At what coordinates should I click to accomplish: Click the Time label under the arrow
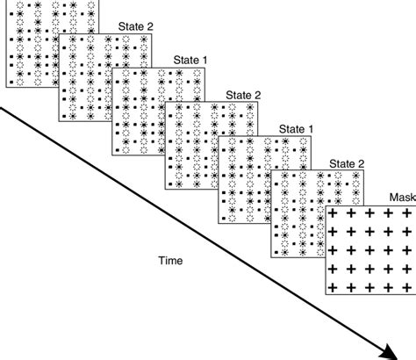coord(171,260)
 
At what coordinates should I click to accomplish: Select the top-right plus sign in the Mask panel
coord(410,212)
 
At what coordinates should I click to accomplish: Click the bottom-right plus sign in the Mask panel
coord(410,287)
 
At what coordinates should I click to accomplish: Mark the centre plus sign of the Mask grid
coord(373,250)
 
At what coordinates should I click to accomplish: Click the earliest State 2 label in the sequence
coord(137,27)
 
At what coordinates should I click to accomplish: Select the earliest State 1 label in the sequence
coord(190,61)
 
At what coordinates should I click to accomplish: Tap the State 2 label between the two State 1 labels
coord(243,95)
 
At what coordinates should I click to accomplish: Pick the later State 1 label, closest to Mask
coord(296,129)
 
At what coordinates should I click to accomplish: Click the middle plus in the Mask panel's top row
coord(373,212)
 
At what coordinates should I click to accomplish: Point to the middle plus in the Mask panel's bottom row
coord(373,287)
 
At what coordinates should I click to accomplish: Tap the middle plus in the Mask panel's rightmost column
coord(410,250)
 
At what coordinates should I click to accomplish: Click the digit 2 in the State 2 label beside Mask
coord(361,163)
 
